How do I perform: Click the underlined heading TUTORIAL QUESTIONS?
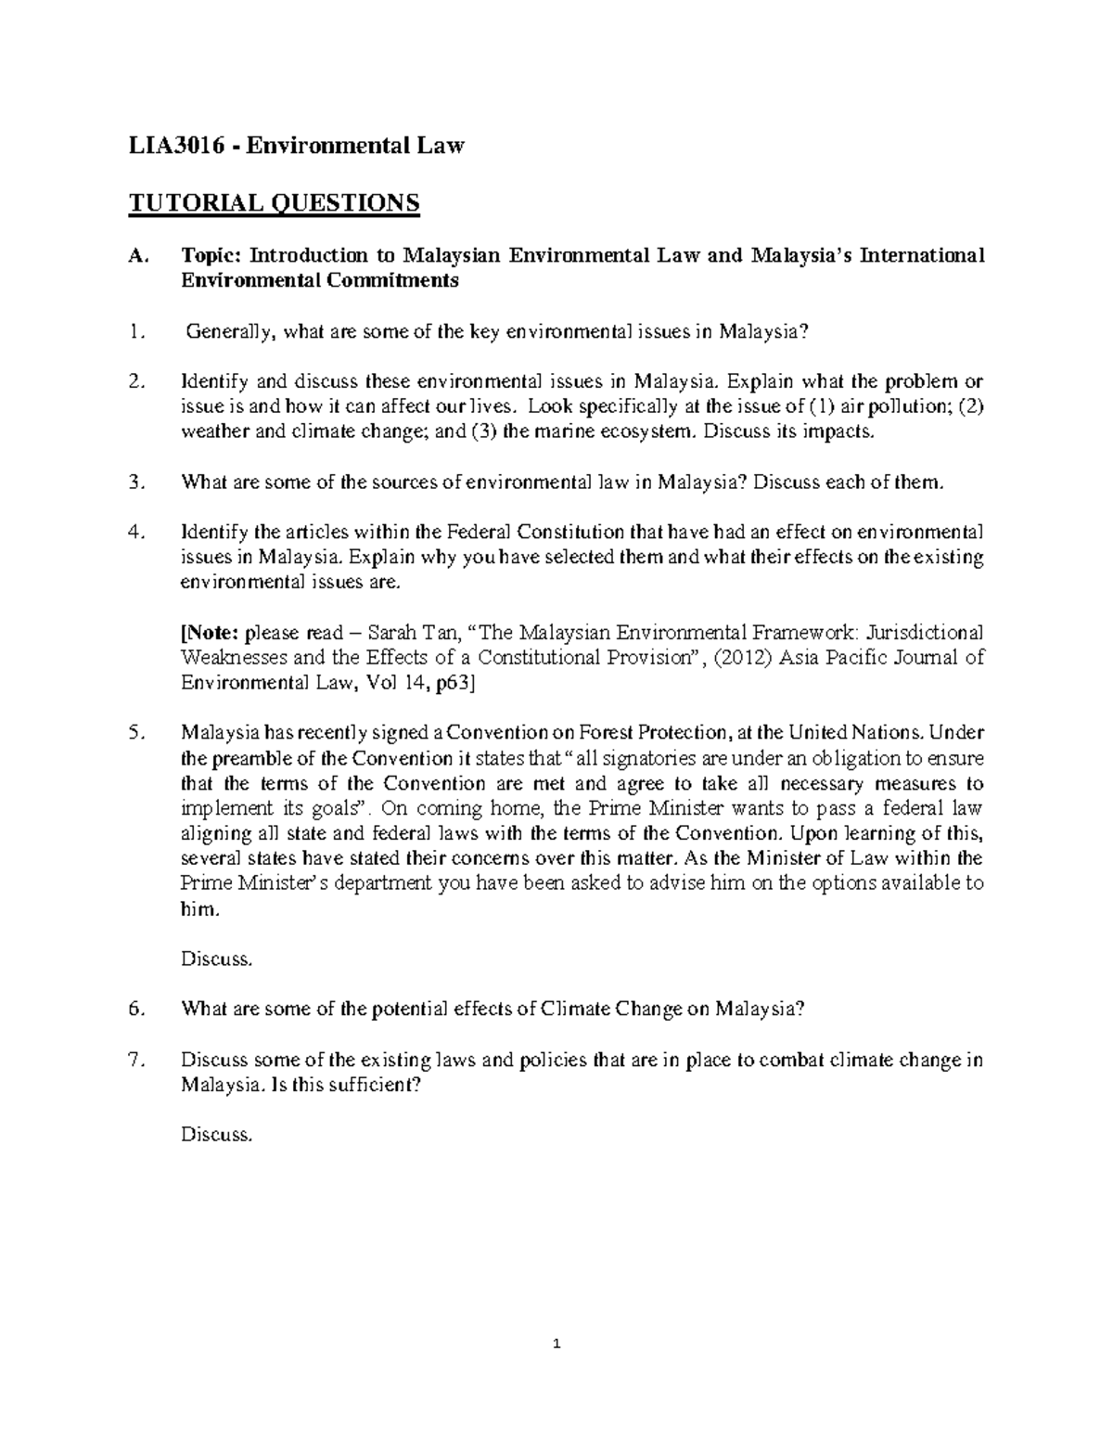pos(274,202)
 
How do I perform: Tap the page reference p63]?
pos(456,683)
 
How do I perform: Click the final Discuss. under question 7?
pos(215,1134)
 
